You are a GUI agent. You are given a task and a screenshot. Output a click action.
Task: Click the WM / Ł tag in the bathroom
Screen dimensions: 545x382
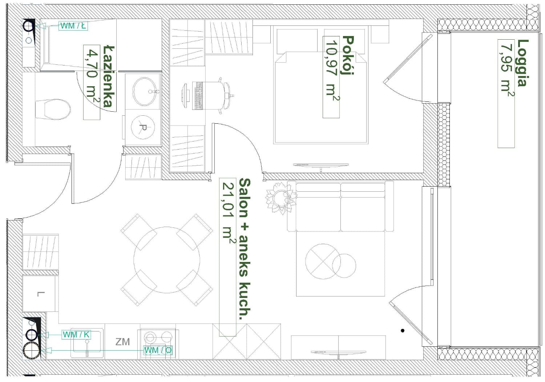point(73,25)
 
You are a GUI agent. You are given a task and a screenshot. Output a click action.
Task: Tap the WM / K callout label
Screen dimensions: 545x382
point(76,335)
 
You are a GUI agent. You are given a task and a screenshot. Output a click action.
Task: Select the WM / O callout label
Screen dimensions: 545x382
point(158,350)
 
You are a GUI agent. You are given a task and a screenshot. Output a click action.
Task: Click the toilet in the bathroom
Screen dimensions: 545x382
point(53,110)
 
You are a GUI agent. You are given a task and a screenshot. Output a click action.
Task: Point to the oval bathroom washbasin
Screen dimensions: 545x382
point(145,91)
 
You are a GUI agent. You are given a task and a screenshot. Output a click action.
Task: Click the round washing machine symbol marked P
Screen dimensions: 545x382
point(143,127)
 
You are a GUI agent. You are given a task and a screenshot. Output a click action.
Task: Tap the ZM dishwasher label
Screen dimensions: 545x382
point(122,342)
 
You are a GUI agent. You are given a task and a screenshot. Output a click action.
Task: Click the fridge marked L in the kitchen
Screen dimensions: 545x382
point(40,293)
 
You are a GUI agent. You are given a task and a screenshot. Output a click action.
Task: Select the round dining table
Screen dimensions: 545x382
point(167,260)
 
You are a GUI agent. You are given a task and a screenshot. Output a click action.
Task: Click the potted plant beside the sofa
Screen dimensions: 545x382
point(281,198)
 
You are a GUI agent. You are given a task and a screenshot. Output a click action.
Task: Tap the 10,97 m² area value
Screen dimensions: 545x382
point(331,70)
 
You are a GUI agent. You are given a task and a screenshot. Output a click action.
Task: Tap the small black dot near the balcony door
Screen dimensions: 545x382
point(403,330)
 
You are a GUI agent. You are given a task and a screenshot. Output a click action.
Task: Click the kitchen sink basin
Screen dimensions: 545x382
point(87,341)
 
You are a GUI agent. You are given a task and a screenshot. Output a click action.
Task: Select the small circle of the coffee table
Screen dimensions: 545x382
point(344,266)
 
